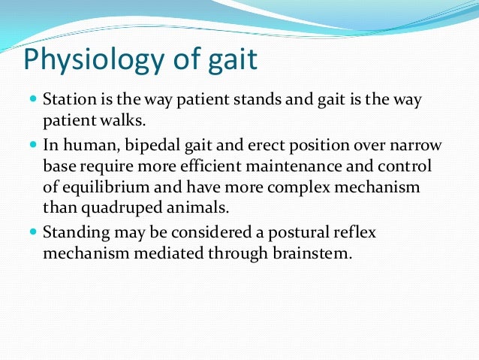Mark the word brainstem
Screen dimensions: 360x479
click(314, 253)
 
